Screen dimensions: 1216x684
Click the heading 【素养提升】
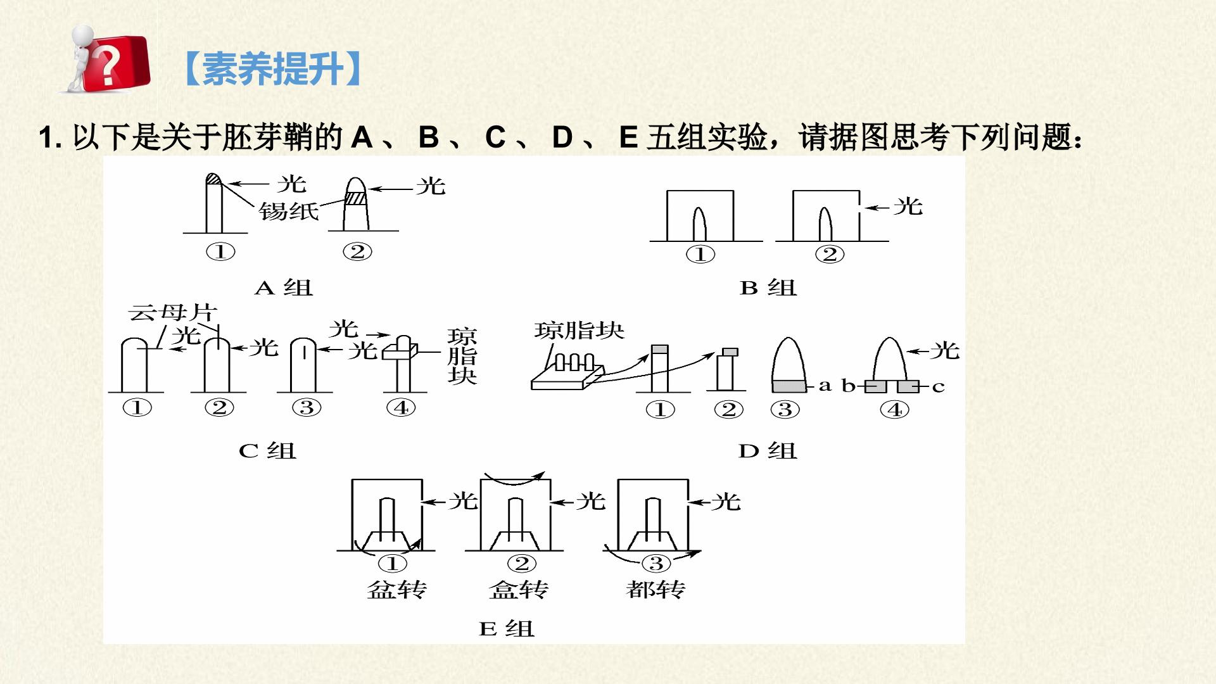click(x=273, y=68)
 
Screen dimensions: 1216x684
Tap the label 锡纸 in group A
click(x=288, y=211)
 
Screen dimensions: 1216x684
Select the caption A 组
click(x=284, y=288)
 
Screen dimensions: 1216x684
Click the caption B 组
click(x=768, y=288)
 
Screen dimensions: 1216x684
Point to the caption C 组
click(x=267, y=451)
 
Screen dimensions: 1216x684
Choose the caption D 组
click(x=768, y=451)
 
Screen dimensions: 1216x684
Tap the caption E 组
click(x=507, y=629)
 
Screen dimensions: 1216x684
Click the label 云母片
click(x=172, y=312)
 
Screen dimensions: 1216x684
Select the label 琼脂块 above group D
click(x=579, y=330)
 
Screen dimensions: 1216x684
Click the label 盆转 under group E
click(x=397, y=590)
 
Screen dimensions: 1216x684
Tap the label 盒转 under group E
click(x=519, y=590)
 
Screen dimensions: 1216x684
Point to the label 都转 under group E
click(x=655, y=590)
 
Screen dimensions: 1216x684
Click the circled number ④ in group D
click(x=895, y=410)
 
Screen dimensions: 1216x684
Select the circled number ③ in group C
click(x=307, y=408)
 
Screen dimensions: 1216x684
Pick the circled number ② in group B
click(x=830, y=255)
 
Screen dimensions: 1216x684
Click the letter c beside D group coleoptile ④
click(x=939, y=386)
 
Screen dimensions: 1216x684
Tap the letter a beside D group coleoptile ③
click(x=825, y=385)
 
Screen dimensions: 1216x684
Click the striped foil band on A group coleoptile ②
click(x=356, y=198)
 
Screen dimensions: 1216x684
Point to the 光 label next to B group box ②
click(x=908, y=206)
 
